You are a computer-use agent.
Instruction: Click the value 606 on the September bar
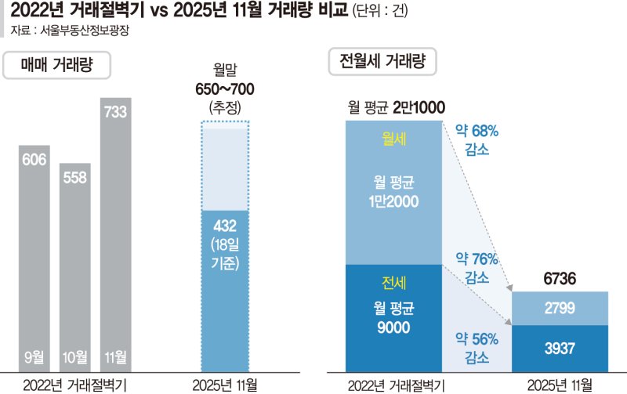tap(34, 160)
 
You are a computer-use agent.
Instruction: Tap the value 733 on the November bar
tap(116, 112)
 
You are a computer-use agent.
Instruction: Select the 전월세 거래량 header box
tap(382, 61)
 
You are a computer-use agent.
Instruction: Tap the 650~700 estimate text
tap(225, 89)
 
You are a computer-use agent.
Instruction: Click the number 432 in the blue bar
tap(225, 226)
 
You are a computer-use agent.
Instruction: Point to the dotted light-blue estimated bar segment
tap(225, 166)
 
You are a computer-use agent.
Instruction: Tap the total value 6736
tap(560, 279)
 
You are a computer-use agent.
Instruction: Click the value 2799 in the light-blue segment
tap(560, 309)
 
